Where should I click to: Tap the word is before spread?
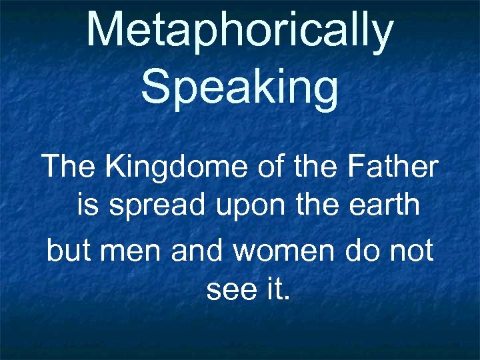tap(89, 206)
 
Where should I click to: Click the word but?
tap(66, 251)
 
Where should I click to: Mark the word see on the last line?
tap(229, 291)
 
